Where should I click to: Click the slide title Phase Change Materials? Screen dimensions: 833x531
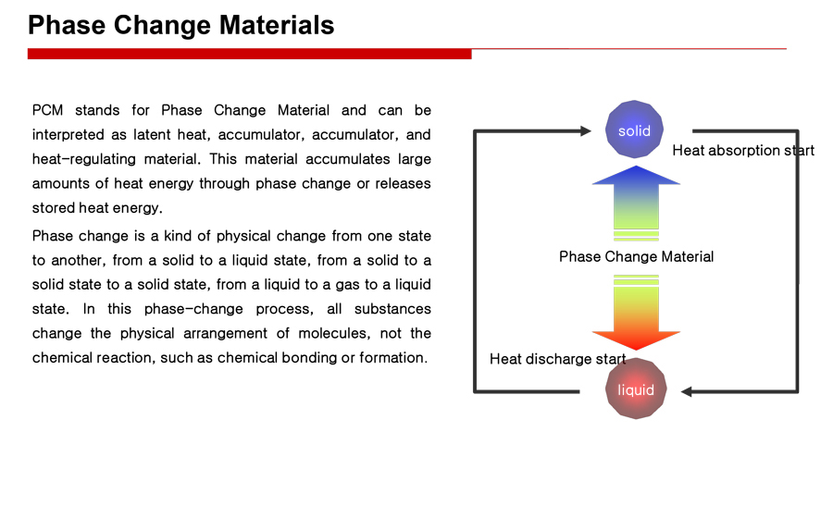click(x=181, y=26)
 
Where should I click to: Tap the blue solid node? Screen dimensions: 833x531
click(x=634, y=130)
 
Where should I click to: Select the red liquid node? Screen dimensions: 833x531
click(x=636, y=389)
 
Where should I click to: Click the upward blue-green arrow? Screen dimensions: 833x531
click(x=636, y=203)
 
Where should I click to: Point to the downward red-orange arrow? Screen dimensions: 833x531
click(x=636, y=313)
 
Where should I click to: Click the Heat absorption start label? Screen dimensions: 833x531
click(x=743, y=151)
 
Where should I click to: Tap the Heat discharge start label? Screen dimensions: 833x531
click(x=558, y=360)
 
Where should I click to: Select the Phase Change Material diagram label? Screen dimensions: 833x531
click(x=636, y=257)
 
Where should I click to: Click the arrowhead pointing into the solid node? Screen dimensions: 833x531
click(x=586, y=131)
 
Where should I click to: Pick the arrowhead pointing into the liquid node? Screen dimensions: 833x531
click(x=687, y=392)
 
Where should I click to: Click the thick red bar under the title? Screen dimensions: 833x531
click(x=250, y=54)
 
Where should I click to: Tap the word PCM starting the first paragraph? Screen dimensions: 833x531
click(x=47, y=110)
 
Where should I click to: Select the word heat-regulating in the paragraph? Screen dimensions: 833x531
click(x=81, y=159)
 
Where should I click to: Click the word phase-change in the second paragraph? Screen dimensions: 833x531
click(x=193, y=309)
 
